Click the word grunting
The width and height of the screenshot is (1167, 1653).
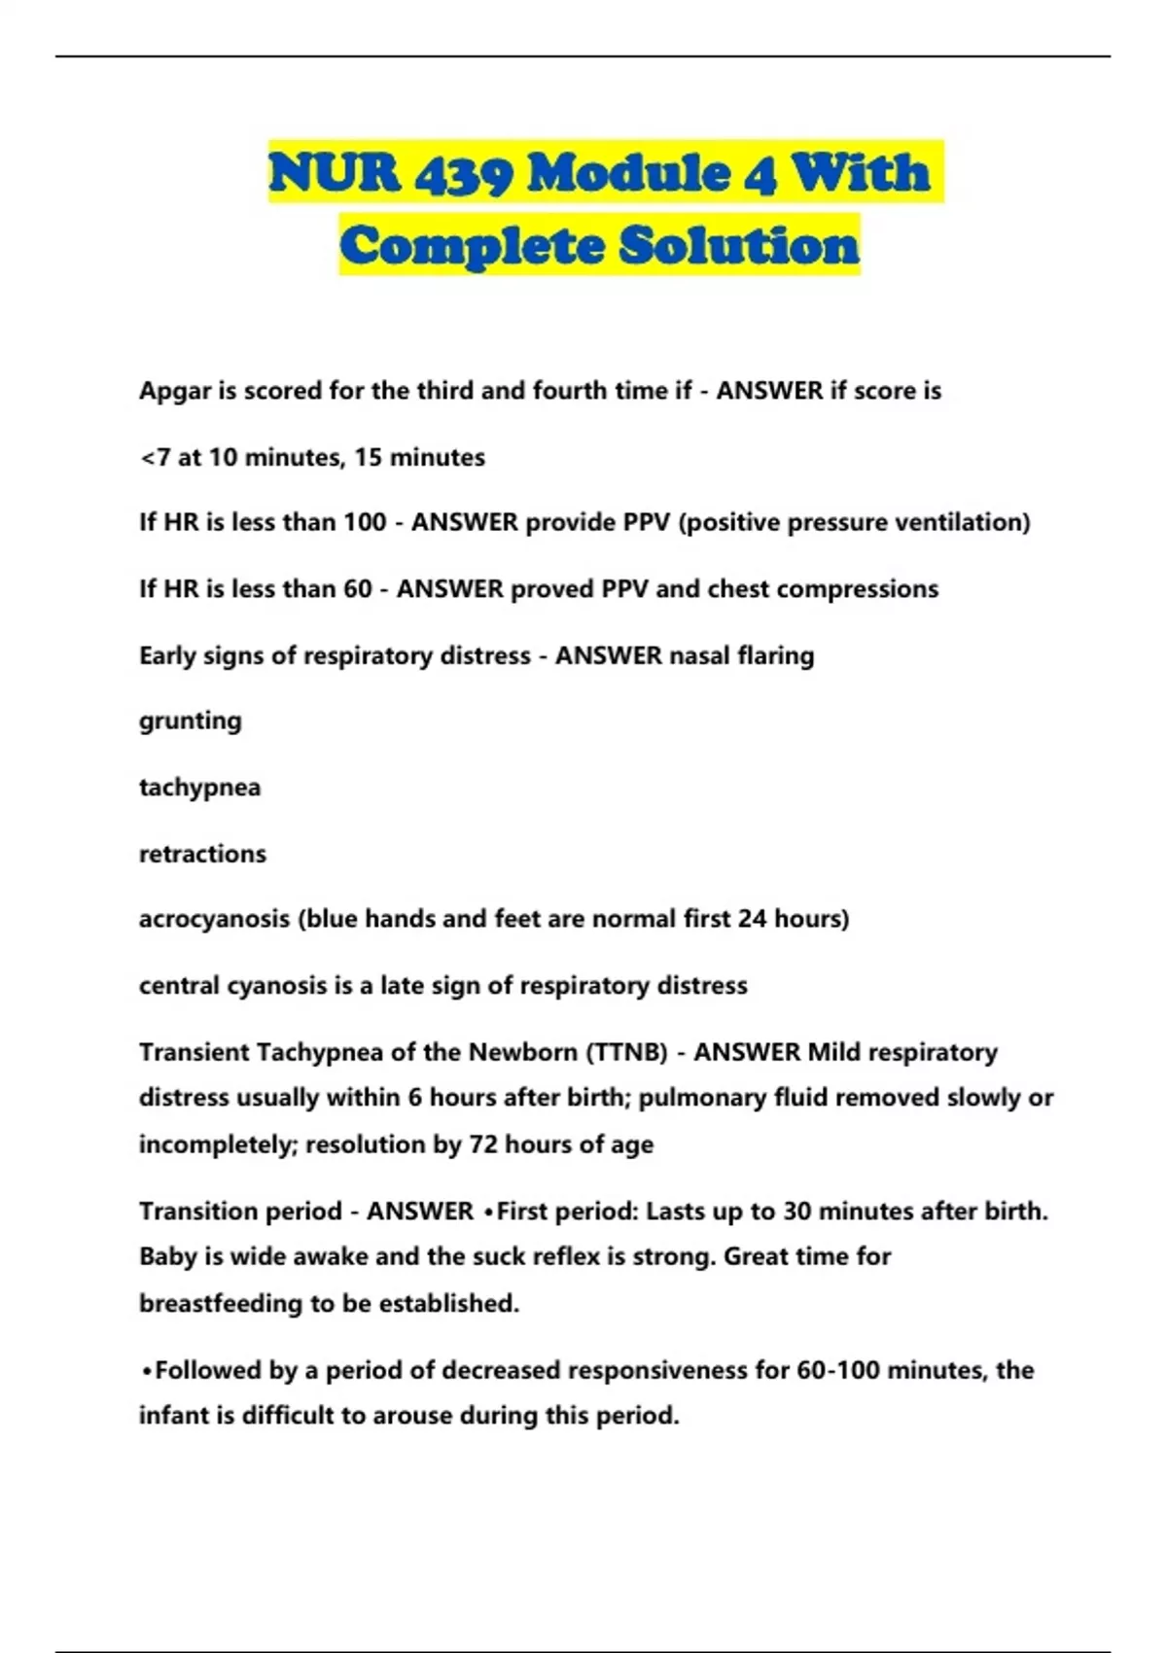pos(191,721)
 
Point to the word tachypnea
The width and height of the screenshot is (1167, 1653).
pos(199,787)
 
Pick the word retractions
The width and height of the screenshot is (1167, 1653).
pos(202,854)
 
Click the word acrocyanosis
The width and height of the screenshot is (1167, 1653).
pos(214,920)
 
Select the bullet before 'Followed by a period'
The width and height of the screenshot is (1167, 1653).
pos(147,1371)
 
